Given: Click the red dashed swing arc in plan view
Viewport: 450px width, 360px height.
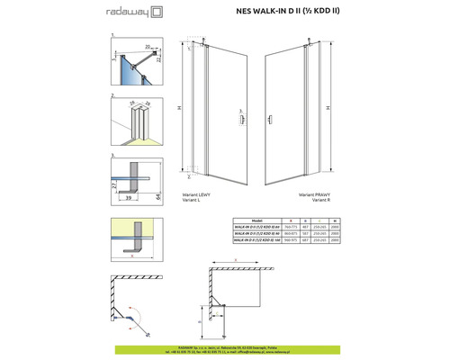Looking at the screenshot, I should click(x=135, y=317).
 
